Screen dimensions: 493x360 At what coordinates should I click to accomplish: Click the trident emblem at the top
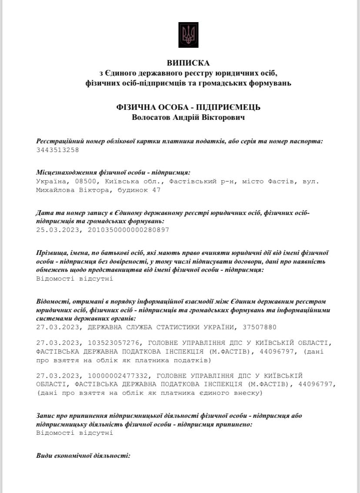(188, 35)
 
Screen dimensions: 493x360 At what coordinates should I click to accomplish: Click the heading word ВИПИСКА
(188, 63)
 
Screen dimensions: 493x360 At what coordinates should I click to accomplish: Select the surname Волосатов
(152, 117)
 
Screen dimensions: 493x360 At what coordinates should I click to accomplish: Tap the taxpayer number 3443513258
(58, 150)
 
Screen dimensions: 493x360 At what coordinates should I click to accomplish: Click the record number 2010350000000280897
(128, 230)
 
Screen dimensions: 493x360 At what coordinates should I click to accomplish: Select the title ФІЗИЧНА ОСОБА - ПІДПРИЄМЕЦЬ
(188, 107)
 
